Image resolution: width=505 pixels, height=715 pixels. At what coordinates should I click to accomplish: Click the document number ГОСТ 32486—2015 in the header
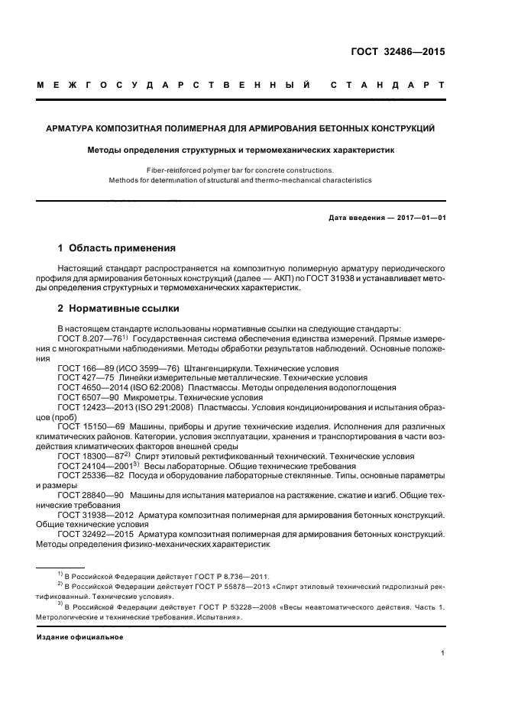point(398,53)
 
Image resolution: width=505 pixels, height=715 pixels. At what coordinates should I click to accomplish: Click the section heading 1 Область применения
point(118,248)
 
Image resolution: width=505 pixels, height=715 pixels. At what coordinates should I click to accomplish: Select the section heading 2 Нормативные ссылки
point(118,309)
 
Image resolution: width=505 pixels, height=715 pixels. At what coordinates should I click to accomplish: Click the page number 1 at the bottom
point(443,653)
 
